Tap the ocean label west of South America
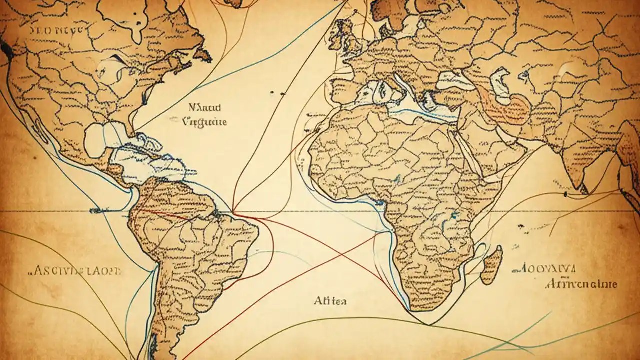click(x=75, y=271)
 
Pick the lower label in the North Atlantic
click(x=205, y=121)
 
